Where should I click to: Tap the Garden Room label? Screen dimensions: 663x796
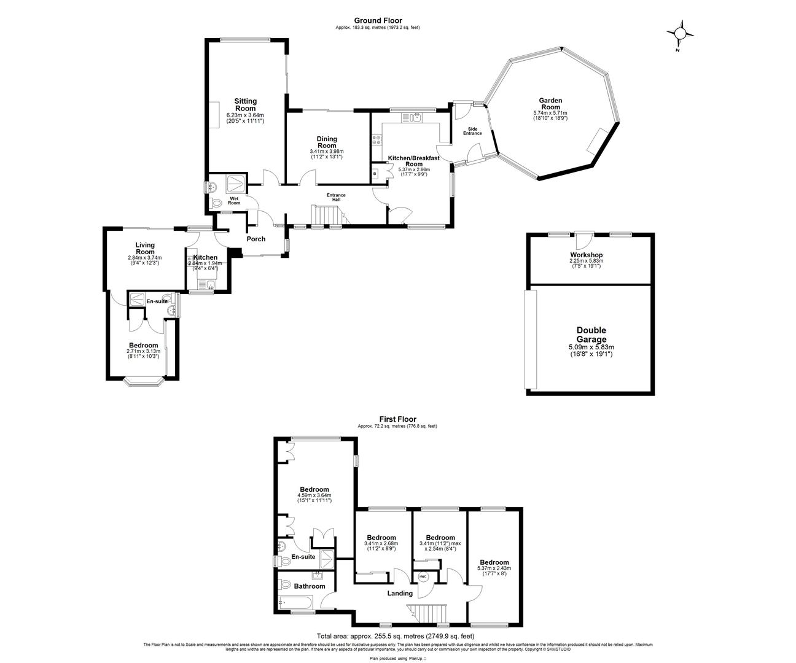[x=550, y=104]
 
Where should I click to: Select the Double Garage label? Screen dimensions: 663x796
[x=591, y=335]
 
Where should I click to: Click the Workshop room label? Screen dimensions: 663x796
[x=586, y=255]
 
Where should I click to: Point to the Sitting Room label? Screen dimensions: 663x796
[x=245, y=105]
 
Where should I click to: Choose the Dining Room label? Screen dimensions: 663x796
[x=327, y=142]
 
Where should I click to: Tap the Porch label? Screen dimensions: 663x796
[x=256, y=239]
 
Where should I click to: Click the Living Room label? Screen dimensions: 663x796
[x=145, y=249]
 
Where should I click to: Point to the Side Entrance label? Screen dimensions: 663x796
[x=472, y=131]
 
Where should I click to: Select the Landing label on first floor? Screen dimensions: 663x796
[x=400, y=593]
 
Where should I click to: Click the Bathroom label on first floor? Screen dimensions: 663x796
[x=309, y=586]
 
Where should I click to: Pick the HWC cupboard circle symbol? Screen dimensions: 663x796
[x=423, y=576]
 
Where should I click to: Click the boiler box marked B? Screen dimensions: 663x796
[x=375, y=174]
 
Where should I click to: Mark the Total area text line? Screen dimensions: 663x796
[x=395, y=636]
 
